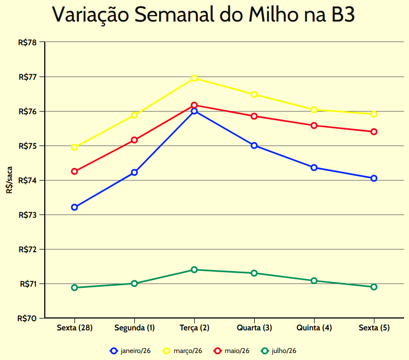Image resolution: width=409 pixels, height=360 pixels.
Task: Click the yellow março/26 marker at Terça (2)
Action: click(194, 78)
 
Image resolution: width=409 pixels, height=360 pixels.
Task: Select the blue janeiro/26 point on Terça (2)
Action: click(194, 111)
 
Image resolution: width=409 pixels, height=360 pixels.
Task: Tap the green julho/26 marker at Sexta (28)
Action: click(74, 287)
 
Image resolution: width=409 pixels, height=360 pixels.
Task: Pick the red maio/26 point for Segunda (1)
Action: click(134, 140)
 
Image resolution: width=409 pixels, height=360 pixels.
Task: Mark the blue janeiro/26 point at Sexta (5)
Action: click(374, 178)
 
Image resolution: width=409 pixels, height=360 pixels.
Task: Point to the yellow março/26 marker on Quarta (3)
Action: click(254, 95)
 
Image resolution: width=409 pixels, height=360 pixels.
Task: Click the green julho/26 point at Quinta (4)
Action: click(314, 281)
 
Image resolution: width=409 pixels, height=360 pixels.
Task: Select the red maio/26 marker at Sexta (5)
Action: click(374, 131)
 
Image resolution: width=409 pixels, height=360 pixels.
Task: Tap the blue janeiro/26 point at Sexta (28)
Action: click(74, 207)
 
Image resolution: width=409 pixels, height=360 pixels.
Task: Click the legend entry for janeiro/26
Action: click(130, 351)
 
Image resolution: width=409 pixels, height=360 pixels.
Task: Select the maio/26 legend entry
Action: click(231, 351)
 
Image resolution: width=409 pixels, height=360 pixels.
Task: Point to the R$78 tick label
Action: click(27, 43)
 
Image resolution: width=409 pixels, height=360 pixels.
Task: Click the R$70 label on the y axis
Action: click(27, 319)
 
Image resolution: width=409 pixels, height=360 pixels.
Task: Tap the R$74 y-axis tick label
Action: click(27, 181)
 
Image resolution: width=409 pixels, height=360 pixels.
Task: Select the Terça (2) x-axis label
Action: click(194, 328)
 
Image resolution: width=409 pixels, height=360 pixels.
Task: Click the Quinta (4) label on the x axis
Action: click(314, 328)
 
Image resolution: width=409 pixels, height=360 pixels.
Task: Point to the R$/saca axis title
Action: click(9, 180)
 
